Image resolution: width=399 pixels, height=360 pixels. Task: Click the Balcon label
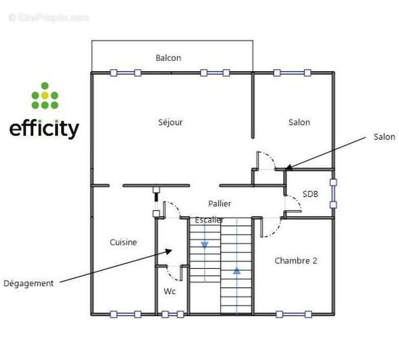coord(168,58)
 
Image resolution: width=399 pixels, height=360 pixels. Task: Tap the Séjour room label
coord(170,122)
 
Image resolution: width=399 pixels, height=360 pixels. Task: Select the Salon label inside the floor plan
coord(299,122)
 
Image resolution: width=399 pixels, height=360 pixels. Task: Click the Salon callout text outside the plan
coord(384,137)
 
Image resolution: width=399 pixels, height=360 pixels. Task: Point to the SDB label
coord(310,194)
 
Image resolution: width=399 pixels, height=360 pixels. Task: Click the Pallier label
coord(219,203)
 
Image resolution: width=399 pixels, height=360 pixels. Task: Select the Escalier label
coord(209,220)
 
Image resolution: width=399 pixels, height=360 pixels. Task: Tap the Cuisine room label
coord(123,242)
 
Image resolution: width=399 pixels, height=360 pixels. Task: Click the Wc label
coord(170,291)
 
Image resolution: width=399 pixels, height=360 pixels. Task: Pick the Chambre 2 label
coord(296,261)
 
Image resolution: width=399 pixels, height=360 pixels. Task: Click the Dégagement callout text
coord(29,283)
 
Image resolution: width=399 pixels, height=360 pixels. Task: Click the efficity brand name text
coord(45,129)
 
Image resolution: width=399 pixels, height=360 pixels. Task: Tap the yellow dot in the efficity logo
coord(45,95)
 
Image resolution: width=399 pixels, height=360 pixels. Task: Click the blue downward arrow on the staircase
coord(205,245)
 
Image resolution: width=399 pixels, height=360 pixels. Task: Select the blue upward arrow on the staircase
coord(237,270)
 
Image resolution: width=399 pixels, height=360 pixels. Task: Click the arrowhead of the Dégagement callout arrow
coord(170,250)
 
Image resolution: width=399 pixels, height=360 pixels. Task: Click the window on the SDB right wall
coord(333,193)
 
